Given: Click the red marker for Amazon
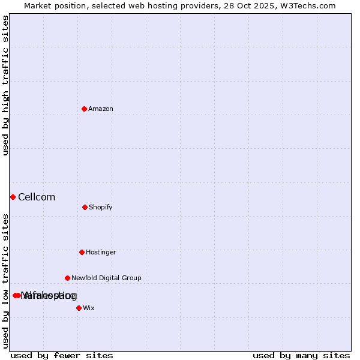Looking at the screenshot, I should pos(85,109).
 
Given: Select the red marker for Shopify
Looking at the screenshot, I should pos(85,207).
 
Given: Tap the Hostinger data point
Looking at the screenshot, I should pos(82,252).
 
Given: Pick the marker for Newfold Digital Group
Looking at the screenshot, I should pos(67,278).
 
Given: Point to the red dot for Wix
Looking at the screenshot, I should pos(79,308).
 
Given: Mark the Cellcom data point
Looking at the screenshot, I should pos(13,197).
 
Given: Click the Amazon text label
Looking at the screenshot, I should pos(101,109).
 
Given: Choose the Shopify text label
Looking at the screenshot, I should pos(101,207).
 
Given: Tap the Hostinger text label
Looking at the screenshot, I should pos(101,252).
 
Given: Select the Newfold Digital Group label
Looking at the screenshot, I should pos(106,278).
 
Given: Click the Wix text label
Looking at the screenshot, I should pos(89,308).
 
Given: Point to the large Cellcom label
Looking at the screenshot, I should pos(37,197).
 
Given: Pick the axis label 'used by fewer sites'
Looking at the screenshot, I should pos(62,355).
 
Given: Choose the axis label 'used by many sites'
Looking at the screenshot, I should pos(301,355).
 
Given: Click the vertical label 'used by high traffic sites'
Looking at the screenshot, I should pos(5,85).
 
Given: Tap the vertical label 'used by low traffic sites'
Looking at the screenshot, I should pos(5,281).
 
